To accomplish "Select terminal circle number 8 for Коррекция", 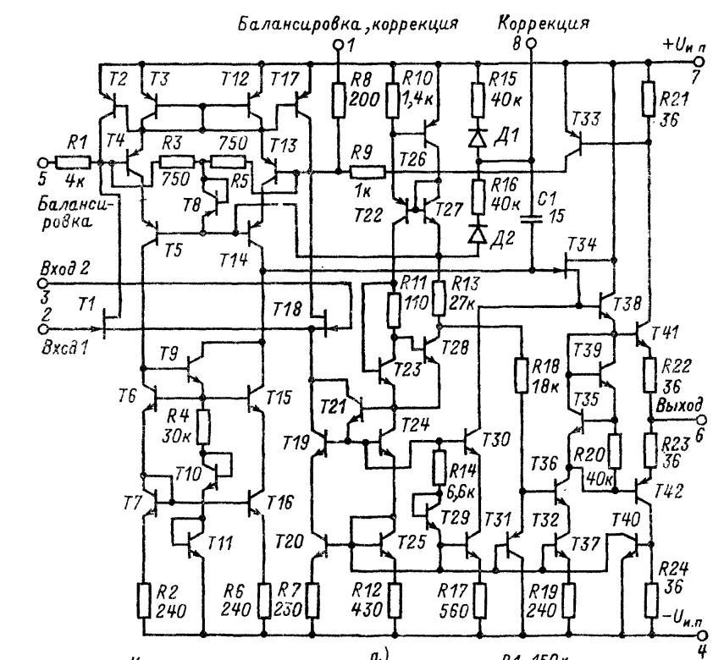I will coord(531,42).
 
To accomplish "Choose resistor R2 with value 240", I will coord(143,599).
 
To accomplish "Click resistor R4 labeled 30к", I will coord(204,421).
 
